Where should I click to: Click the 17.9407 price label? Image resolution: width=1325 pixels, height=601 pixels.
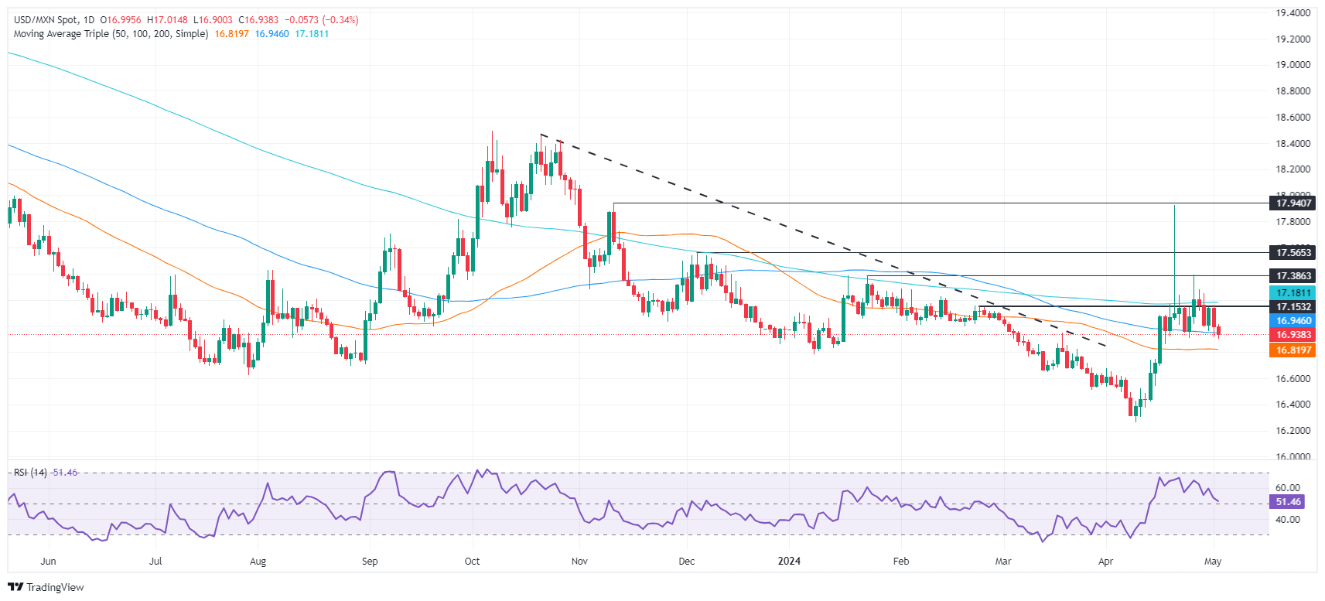click(x=1293, y=203)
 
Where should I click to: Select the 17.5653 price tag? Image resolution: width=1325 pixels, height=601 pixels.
click(x=1293, y=253)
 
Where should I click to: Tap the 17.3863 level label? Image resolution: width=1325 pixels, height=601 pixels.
click(x=1293, y=276)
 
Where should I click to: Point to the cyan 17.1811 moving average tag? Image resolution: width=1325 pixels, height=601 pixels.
click(x=1293, y=293)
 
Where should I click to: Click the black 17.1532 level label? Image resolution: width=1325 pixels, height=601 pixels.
click(x=1293, y=307)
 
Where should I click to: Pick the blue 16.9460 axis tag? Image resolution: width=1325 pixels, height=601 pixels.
click(x=1293, y=321)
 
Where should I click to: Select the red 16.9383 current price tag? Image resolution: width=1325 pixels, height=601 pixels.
click(x=1293, y=335)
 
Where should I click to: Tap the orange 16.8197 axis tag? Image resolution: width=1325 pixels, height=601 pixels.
click(x=1293, y=350)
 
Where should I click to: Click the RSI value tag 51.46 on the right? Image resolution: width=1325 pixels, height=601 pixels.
click(x=1288, y=502)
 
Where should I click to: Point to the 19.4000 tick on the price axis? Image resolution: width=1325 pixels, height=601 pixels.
click(x=1293, y=13)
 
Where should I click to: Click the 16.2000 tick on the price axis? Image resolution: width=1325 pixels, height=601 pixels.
click(x=1293, y=431)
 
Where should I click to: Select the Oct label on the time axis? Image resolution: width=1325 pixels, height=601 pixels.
click(x=472, y=562)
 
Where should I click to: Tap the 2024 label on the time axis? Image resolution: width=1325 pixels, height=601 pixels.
click(x=789, y=562)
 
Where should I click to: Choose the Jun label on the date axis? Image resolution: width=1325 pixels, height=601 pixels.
click(x=48, y=562)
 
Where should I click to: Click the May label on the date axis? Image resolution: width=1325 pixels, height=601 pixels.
click(x=1213, y=562)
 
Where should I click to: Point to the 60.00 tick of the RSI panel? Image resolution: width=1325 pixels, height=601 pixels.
click(x=1288, y=488)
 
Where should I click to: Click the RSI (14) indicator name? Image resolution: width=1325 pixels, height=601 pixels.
click(x=30, y=473)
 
